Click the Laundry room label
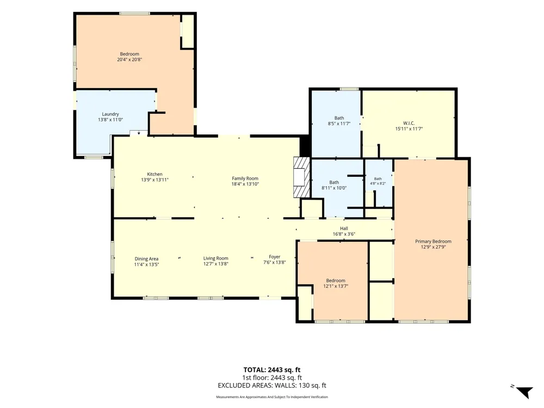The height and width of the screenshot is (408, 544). [110, 114]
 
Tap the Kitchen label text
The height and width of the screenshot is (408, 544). [154, 174]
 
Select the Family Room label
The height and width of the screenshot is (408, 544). [245, 178]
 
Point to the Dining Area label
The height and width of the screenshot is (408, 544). [146, 259]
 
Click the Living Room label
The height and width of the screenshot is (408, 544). [216, 258]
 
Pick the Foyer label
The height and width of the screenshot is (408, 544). [274, 257]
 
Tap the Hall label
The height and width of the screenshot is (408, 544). [344, 228]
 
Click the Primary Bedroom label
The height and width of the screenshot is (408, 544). [434, 242]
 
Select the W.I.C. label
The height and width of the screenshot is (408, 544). [409, 123]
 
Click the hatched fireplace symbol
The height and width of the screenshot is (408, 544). [301, 177]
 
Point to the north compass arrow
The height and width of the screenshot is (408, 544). [524, 392]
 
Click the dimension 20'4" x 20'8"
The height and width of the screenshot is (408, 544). [129, 60]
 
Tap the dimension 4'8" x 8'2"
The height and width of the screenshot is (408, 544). [378, 183]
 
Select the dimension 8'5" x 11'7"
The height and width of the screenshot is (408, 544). [339, 123]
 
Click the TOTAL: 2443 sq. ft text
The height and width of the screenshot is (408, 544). [272, 370]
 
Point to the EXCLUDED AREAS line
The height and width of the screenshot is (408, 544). [272, 386]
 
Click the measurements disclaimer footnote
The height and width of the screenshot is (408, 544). [272, 397]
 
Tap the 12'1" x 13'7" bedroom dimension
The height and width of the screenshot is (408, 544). [336, 286]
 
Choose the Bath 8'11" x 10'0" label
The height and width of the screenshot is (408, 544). [334, 186]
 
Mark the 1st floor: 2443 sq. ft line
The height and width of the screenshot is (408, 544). [272, 378]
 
